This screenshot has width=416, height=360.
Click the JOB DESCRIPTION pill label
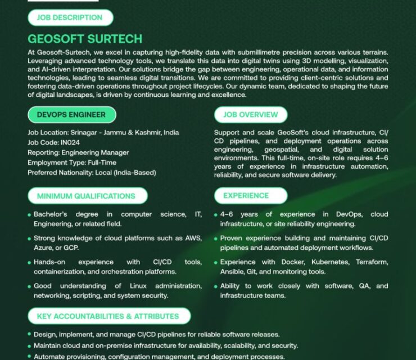point(70,17)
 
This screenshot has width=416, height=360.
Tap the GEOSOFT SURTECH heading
point(85,39)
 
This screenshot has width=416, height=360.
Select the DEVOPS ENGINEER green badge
point(71,115)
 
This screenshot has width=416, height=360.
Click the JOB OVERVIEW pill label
point(251,115)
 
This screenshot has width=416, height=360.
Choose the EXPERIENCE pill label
point(246,196)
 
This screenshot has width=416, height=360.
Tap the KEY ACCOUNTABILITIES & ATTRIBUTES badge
point(108,316)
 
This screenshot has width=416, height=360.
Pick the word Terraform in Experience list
point(372,262)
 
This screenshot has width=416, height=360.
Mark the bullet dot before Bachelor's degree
point(29,215)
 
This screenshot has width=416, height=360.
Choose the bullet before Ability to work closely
point(216,287)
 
